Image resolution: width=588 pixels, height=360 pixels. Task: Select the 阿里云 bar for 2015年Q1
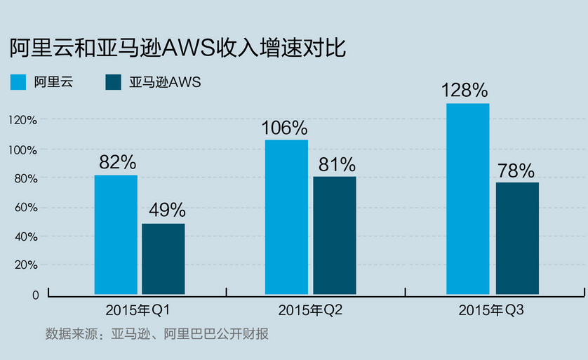tap(116, 234)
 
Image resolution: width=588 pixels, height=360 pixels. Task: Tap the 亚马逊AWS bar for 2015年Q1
tap(163, 259)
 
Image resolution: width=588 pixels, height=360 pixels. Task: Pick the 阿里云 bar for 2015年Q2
tap(286, 217)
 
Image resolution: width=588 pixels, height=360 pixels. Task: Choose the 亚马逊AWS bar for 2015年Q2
tap(335, 235)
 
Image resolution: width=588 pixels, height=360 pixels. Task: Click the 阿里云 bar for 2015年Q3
tap(467, 199)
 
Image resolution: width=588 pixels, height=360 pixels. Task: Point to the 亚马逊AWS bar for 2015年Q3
tap(517, 238)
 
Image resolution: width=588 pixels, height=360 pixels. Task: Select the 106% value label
tap(284, 128)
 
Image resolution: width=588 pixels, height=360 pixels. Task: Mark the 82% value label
tap(117, 162)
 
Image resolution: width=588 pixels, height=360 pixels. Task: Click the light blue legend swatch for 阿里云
tap(18, 82)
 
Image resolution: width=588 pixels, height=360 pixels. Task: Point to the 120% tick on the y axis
tap(23, 120)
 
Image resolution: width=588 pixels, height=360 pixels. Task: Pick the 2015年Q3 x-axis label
tap(491, 309)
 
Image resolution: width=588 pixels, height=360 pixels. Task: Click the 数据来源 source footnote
tap(157, 334)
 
